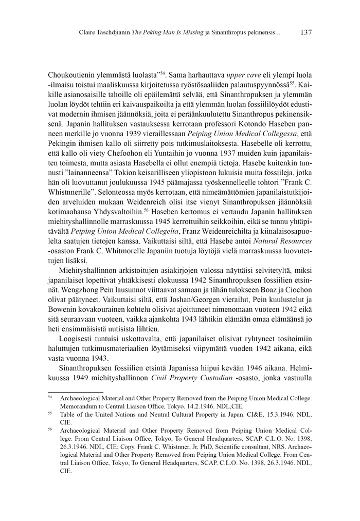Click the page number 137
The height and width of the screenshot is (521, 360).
tap(305, 32)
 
